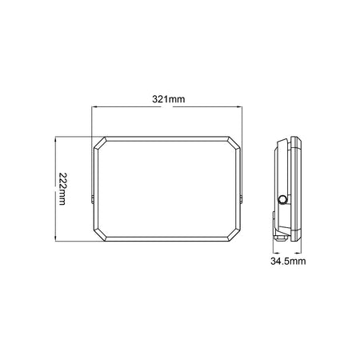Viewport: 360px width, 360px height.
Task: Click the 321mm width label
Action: [168, 99]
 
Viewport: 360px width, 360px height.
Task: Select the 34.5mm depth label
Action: [286, 262]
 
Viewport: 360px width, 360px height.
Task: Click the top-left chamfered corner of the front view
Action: [101, 143]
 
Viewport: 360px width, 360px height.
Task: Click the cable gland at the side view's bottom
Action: [282, 234]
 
